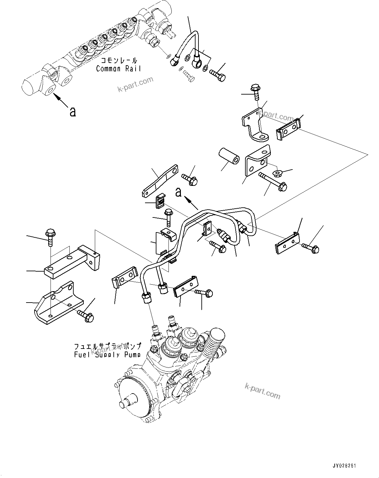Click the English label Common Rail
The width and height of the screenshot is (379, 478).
pos(119,69)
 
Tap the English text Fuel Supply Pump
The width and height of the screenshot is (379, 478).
pos(108,354)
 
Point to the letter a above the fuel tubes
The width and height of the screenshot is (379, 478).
pos(178,192)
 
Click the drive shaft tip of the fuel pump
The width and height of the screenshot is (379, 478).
pos(123,404)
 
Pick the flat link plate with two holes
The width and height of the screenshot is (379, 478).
pos(160,181)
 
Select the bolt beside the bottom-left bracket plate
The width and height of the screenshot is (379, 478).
pos(85,315)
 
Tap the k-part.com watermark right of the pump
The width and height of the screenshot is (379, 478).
pos(262,391)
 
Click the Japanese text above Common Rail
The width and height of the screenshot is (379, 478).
pos(119,61)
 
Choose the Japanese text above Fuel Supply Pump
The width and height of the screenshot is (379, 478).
pos(108,346)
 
